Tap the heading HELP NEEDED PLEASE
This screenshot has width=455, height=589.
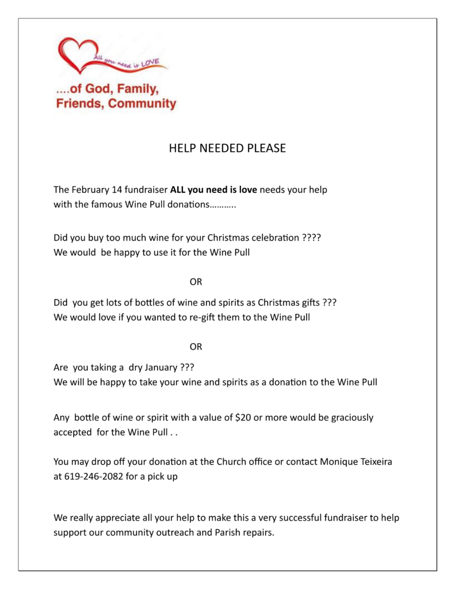point(227,148)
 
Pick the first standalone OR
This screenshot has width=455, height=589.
point(196,282)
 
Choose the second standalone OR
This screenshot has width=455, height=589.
point(196,347)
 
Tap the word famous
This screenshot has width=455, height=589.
point(108,205)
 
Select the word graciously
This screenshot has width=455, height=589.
point(352,418)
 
